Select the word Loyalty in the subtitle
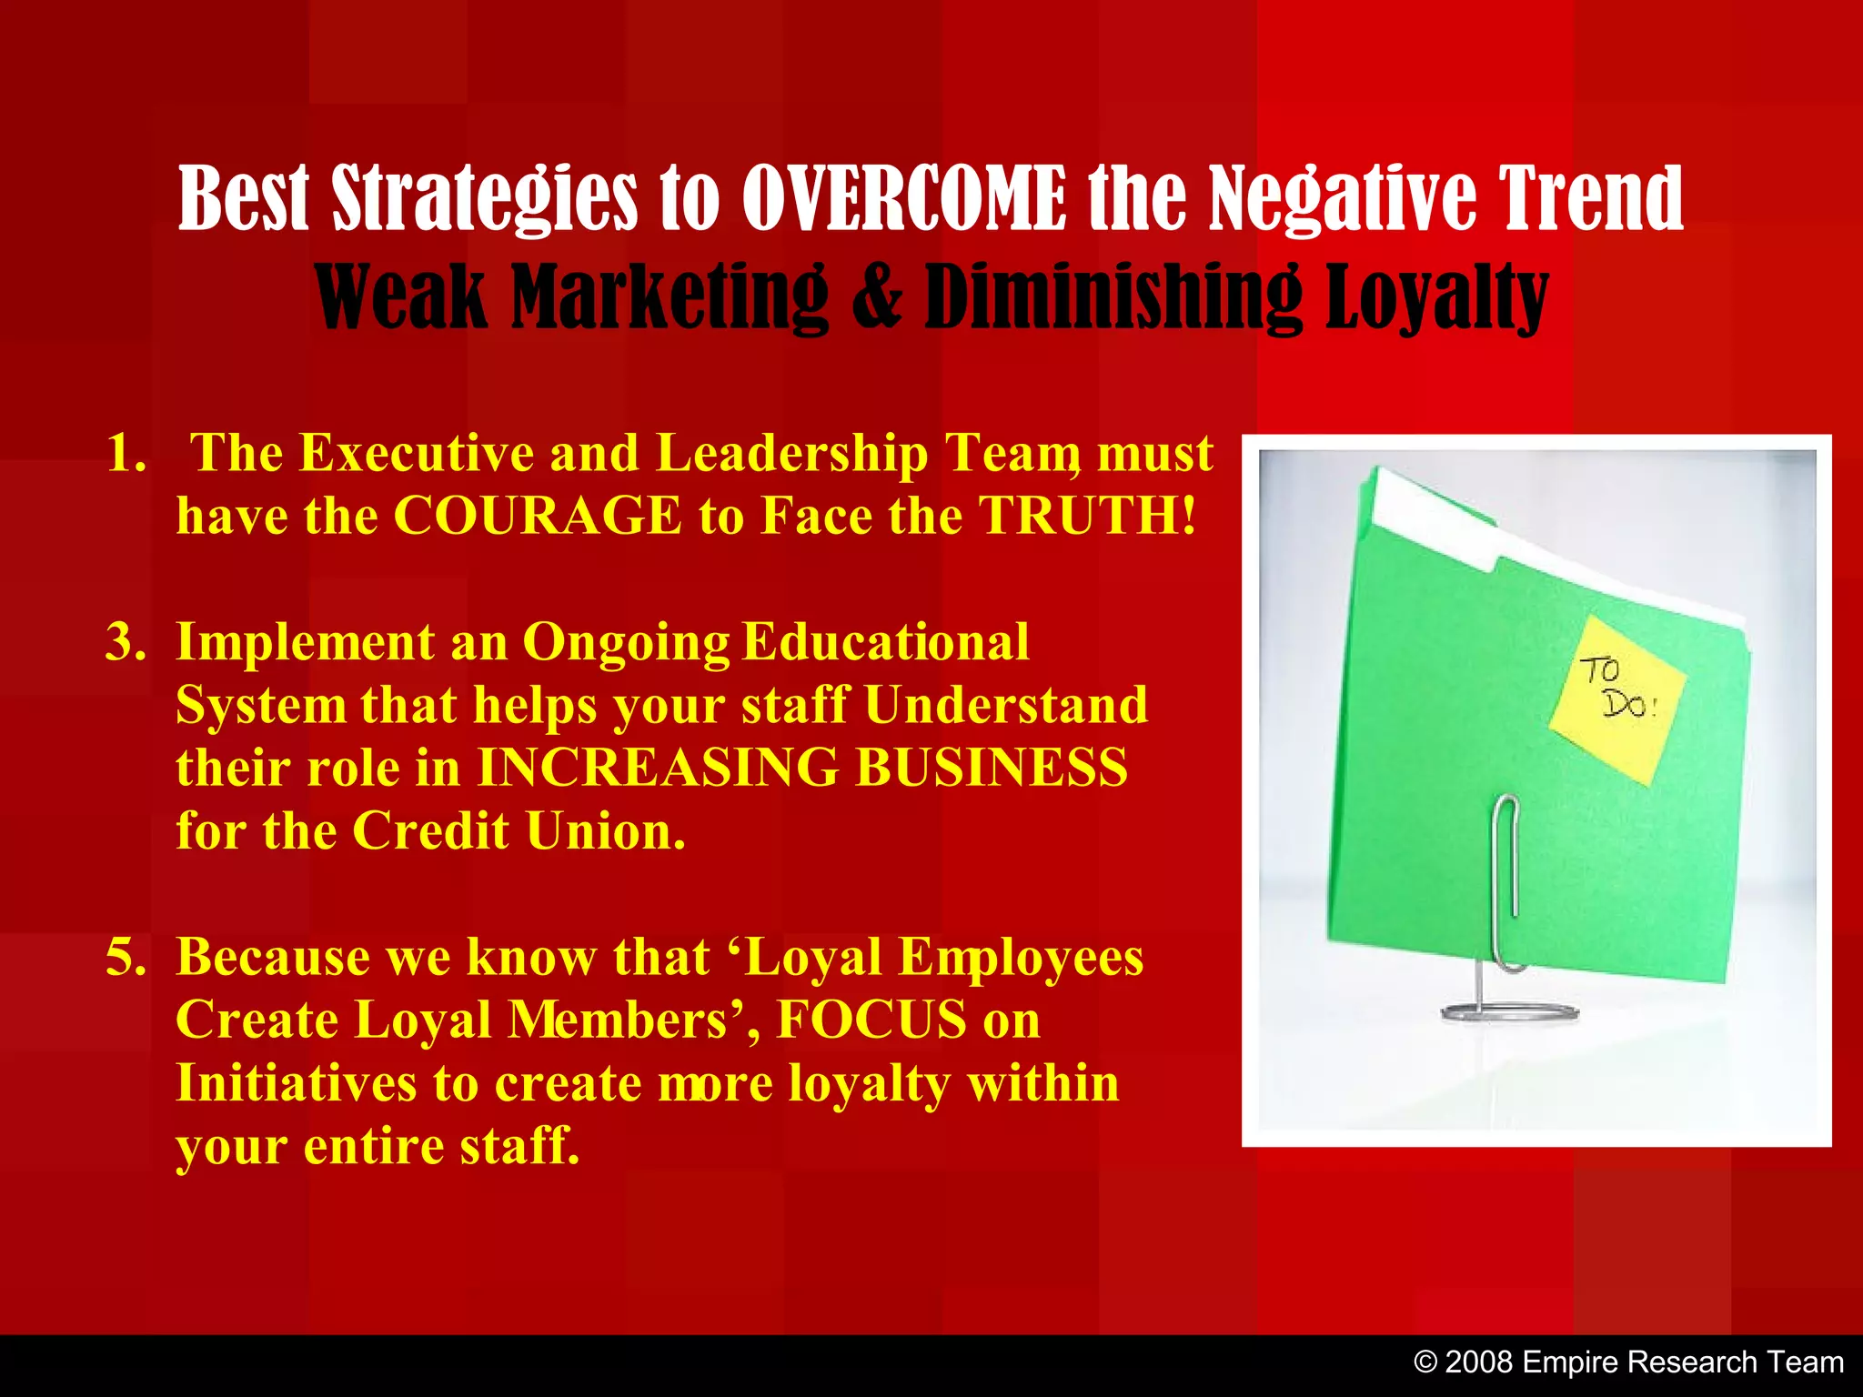click(1435, 298)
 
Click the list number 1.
click(126, 453)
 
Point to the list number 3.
click(126, 642)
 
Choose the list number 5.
click(126, 958)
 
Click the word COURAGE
click(537, 516)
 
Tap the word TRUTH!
click(1088, 516)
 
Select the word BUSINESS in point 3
click(992, 768)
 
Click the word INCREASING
click(658, 768)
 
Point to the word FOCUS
click(871, 1020)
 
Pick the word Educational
click(885, 642)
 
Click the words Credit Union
click(519, 831)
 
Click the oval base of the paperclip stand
click(1510, 1011)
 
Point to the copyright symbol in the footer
click(1425, 1362)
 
